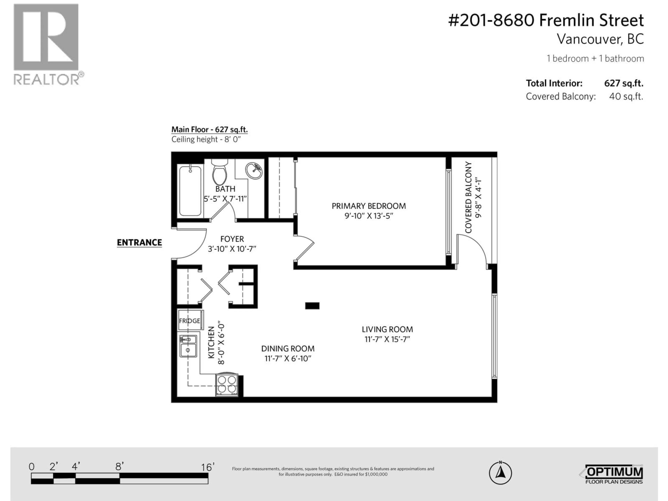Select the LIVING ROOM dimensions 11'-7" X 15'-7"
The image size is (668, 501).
tap(387, 339)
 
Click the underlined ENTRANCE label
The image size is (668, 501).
tap(139, 242)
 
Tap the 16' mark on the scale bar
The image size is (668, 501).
tap(208, 467)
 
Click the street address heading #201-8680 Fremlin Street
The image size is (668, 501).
tap(546, 21)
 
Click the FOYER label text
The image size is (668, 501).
tap(232, 239)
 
